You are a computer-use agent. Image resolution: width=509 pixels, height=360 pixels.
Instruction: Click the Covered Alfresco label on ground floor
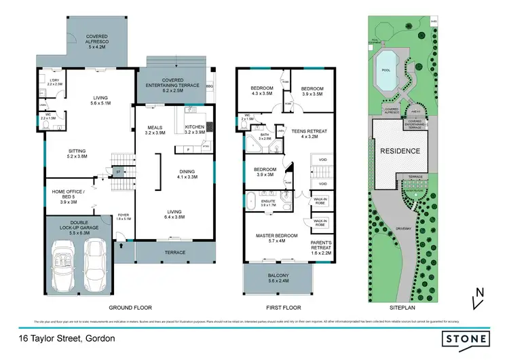[x=94, y=42]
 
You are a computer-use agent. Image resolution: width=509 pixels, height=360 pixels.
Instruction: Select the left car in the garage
[x=64, y=259]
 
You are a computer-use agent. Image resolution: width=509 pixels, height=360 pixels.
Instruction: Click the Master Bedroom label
[x=274, y=236]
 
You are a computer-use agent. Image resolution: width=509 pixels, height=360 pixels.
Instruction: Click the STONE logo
[x=466, y=338]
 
